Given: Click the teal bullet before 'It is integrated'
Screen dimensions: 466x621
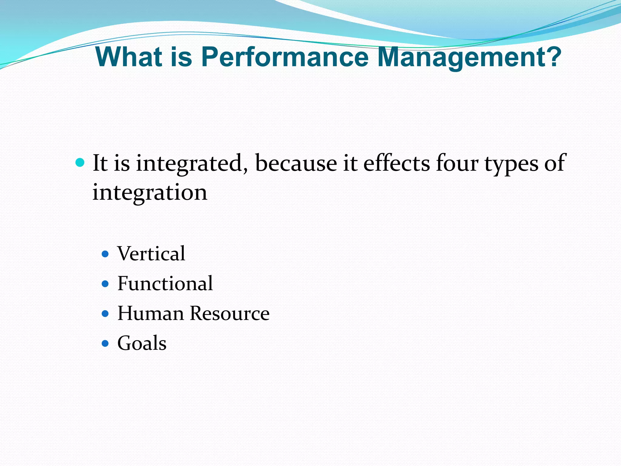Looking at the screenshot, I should coord(80,163).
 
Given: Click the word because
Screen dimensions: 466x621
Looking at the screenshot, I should coord(296,163).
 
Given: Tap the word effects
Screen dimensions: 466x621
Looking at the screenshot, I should coord(396,163).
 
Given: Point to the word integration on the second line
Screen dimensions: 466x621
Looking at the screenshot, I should coord(150,193).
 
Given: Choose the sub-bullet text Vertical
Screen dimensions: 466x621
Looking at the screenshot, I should coord(151,254).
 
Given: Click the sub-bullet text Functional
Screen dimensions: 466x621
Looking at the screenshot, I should coord(165,284).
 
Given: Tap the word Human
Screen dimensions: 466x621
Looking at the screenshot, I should coord(150,313).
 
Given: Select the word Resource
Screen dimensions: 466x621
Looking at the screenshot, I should coord(230,313).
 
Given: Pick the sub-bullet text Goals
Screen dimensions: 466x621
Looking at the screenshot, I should coord(142,343).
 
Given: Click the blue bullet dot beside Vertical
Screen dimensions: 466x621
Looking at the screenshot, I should coord(105,254).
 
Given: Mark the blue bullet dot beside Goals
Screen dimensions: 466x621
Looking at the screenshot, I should coord(105,343).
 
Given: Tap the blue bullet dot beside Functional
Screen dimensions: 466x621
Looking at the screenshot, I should coord(105,284).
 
